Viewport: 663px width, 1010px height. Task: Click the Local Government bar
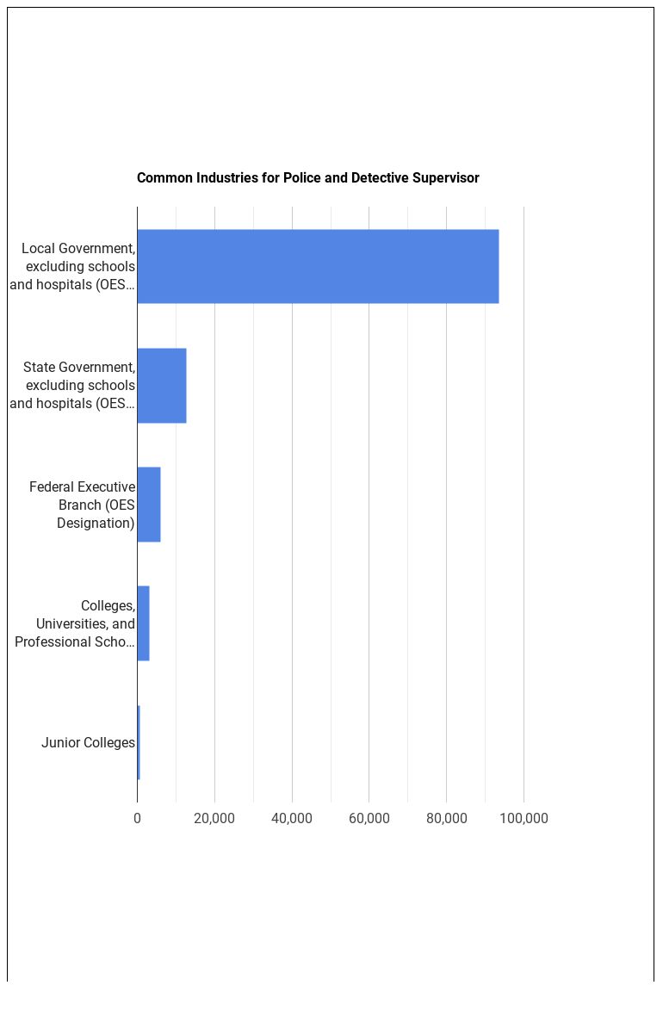coord(318,266)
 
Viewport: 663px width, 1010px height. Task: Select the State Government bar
coord(162,386)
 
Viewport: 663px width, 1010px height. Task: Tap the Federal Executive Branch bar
coord(149,505)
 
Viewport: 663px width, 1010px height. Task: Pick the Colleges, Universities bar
coord(143,623)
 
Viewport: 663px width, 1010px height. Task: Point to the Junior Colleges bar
coord(139,742)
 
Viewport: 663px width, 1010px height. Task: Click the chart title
coord(307,178)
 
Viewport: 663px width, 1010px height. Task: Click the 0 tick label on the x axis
coord(137,818)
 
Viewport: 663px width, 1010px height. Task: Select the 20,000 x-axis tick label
coord(214,818)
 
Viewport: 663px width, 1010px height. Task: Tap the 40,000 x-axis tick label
coord(292,818)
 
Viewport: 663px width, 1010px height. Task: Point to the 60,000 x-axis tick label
coord(369,818)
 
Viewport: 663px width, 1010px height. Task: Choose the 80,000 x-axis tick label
coord(446,818)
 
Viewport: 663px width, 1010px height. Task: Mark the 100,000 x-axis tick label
coord(524,818)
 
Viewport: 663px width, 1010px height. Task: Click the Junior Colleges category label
coord(88,743)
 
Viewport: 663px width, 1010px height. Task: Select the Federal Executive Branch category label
coord(83,505)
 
